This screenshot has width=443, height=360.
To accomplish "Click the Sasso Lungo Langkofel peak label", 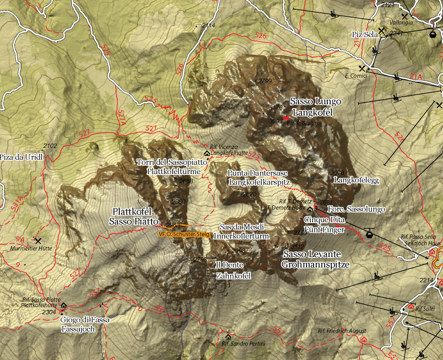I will [x=315, y=107].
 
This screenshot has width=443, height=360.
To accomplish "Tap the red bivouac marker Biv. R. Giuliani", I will [x=286, y=118].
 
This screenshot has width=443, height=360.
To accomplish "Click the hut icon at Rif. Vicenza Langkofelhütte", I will [x=207, y=153].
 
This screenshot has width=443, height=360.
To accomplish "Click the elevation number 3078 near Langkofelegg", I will [x=337, y=173].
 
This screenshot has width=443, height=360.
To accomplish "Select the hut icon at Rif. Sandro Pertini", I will [x=228, y=337].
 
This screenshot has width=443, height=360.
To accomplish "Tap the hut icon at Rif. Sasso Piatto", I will [x=64, y=305].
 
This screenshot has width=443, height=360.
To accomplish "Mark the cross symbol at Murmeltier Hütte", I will [x=38, y=241].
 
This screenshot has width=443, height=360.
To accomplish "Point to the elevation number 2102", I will [x=50, y=146].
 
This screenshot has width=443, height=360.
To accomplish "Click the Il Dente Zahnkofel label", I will [x=233, y=270].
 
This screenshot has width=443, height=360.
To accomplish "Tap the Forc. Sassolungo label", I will [x=356, y=209].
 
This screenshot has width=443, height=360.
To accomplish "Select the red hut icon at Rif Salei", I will [x=411, y=306].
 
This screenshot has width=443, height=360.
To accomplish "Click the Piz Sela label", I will [x=363, y=34].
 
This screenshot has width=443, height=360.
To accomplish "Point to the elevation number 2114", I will [x=208, y=26].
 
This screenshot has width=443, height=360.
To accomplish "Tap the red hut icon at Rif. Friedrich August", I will [x=363, y=339].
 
